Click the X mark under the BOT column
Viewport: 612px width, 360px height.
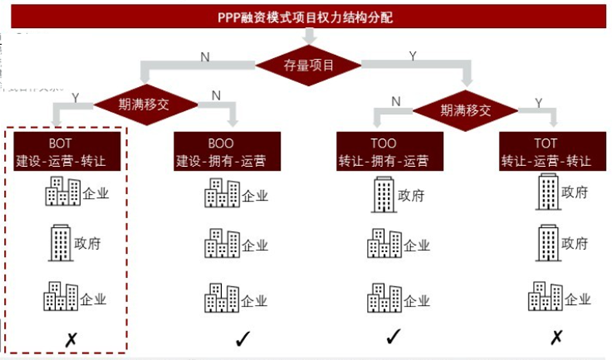click(x=70, y=338)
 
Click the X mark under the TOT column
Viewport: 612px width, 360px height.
click(x=555, y=338)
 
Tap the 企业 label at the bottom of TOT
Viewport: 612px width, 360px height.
click(x=579, y=298)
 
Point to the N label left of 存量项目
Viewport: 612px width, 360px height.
click(x=204, y=56)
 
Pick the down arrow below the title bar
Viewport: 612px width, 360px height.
click(x=309, y=36)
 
